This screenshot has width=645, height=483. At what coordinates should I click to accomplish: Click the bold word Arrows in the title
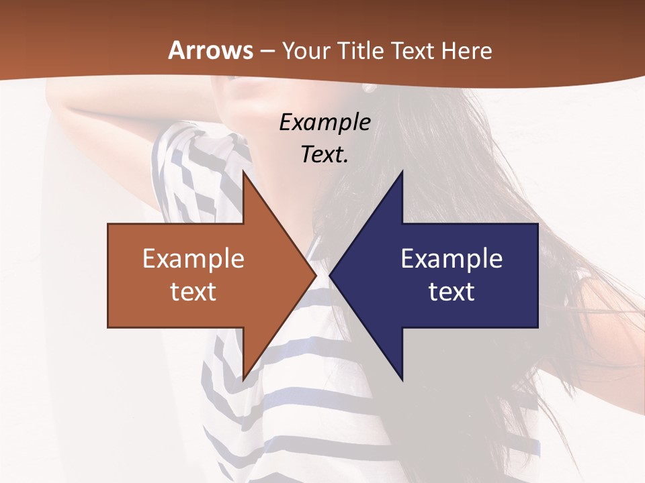[x=211, y=50]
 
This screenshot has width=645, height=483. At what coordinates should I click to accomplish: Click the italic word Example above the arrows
[x=325, y=122]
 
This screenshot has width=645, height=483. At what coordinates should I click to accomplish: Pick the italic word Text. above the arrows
[x=325, y=154]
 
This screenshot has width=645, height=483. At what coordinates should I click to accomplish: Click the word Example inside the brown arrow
[x=193, y=258]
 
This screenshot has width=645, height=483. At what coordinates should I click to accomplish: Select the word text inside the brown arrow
[x=193, y=291]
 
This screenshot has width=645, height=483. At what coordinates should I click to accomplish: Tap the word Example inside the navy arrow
[x=451, y=258]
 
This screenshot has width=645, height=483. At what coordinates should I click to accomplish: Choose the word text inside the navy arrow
[x=451, y=291]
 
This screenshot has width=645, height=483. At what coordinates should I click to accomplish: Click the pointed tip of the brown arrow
[x=315, y=275]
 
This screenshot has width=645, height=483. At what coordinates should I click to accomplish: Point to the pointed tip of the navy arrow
[x=330, y=275]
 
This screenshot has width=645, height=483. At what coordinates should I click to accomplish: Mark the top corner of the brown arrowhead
[x=243, y=172]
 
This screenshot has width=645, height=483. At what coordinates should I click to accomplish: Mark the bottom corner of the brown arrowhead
[x=243, y=379]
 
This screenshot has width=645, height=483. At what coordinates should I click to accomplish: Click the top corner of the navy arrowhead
[x=402, y=172]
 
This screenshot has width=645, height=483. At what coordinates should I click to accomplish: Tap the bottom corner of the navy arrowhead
[x=402, y=379]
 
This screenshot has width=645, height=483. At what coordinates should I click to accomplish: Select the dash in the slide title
[x=267, y=51]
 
